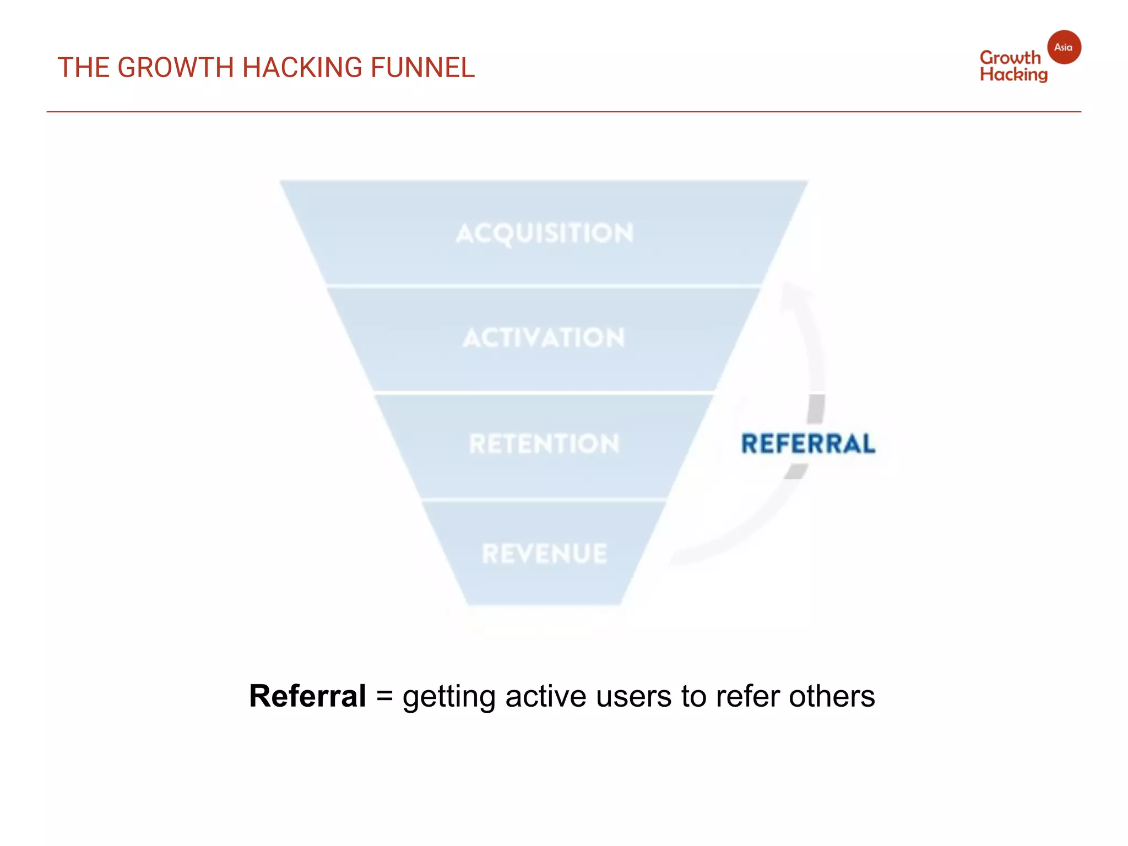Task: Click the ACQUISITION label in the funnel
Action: point(544,233)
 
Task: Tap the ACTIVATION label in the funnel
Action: point(544,338)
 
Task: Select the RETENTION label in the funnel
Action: point(544,444)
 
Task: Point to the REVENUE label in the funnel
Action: point(544,554)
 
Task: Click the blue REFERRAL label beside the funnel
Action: point(808,444)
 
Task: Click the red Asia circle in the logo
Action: point(1064,47)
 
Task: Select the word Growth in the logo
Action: point(1010,57)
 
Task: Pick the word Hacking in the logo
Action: point(1013,74)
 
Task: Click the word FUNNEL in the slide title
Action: point(422,68)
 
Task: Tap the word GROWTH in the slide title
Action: point(176,68)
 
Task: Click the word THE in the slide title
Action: point(83,68)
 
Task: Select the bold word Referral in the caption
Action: point(307,696)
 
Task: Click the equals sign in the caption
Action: point(384,697)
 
